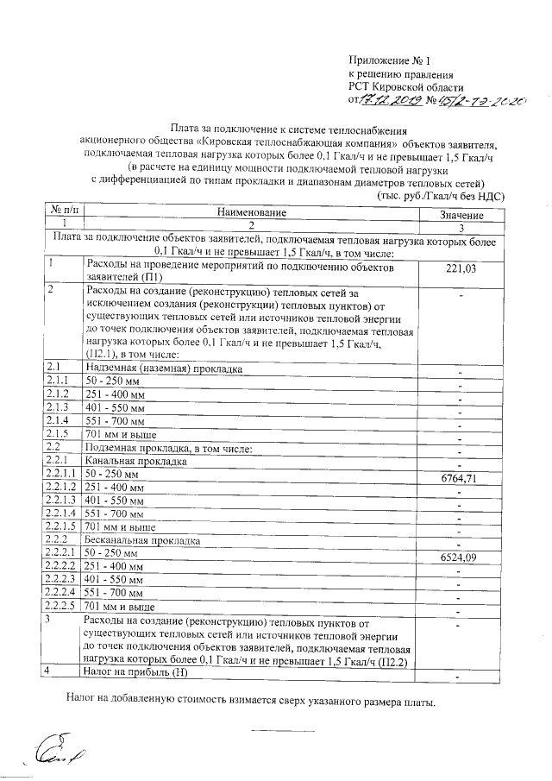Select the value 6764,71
coord(460,478)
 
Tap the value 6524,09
coord(460,557)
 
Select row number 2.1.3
coord(58,406)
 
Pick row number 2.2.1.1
coord(61,475)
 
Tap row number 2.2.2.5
coord(61,608)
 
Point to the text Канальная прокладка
coord(134,462)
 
